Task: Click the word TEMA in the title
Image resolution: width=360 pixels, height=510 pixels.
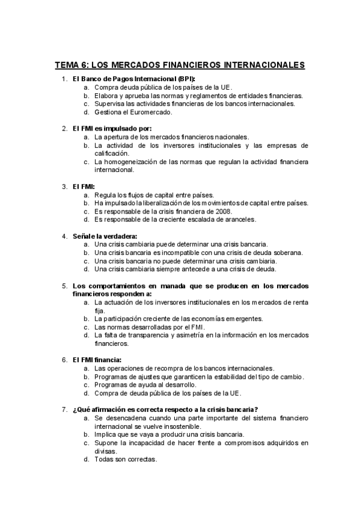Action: pyautogui.click(x=67, y=65)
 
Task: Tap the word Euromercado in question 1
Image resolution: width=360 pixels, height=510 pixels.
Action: pyautogui.click(x=153, y=112)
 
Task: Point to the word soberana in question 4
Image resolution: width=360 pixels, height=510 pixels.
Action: pyautogui.click(x=287, y=253)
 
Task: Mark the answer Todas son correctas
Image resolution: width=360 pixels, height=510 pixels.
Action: pyautogui.click(x=126, y=459)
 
